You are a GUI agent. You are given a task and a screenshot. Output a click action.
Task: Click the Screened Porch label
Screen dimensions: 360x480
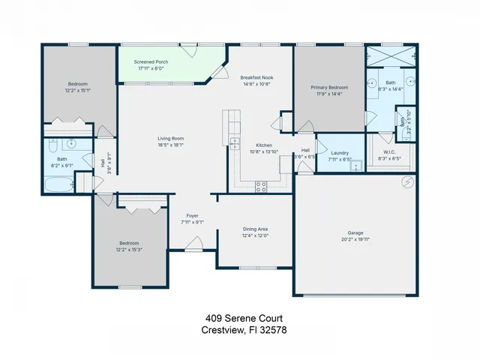click(x=151, y=61)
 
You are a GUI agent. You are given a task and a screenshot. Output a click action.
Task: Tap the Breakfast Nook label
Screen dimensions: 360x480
click(x=256, y=77)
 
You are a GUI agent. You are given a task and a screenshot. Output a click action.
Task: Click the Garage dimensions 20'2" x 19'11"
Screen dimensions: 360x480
click(x=355, y=239)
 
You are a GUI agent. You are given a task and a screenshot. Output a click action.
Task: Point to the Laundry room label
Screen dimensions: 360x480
click(x=340, y=152)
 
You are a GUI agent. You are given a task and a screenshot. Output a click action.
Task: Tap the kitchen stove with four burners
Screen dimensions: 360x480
click(x=261, y=187)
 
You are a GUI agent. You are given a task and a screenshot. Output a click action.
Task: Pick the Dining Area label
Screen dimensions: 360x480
click(x=255, y=228)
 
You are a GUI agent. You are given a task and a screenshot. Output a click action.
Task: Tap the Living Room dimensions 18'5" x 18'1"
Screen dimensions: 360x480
click(x=170, y=145)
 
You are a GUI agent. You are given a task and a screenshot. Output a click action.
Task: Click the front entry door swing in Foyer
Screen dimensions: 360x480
click(x=194, y=243)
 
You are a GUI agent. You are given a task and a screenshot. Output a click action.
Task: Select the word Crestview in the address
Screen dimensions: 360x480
click(x=222, y=329)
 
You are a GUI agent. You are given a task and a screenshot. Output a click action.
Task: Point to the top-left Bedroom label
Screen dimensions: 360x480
click(x=78, y=83)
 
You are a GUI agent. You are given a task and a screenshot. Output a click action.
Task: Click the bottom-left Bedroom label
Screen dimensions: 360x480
click(x=129, y=242)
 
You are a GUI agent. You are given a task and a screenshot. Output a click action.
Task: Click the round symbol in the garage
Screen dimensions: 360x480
click(x=407, y=181)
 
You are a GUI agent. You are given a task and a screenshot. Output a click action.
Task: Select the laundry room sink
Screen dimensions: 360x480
click(x=356, y=166)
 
